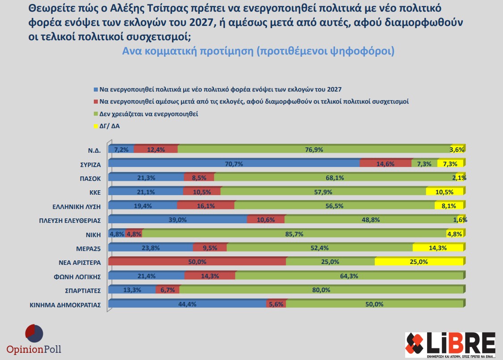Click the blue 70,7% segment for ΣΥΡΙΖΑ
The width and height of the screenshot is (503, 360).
[x=234, y=164]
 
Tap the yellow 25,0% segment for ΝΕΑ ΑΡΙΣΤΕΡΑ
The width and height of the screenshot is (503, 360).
[x=419, y=262]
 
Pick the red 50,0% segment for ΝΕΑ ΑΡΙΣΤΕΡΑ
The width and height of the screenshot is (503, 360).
[x=197, y=262]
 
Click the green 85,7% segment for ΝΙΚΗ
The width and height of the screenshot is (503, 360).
[x=294, y=234]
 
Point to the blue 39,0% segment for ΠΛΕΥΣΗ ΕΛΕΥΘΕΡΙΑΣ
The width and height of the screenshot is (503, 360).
[x=177, y=220]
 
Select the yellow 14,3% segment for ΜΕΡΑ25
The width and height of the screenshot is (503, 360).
[x=438, y=248]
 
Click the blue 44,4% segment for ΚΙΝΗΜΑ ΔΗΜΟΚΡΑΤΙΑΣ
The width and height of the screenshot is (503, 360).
[x=187, y=305]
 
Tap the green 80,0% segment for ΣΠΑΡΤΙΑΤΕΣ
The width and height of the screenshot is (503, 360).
[x=321, y=290]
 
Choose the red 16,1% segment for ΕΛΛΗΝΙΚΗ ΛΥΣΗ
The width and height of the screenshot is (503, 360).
[x=205, y=206]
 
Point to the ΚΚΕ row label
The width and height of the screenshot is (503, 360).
[x=95, y=193]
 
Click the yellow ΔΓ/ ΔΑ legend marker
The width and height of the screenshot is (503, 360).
[x=96, y=126]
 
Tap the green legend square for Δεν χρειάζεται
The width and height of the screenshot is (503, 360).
[x=96, y=114]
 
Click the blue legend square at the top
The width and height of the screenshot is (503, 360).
[x=96, y=89]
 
